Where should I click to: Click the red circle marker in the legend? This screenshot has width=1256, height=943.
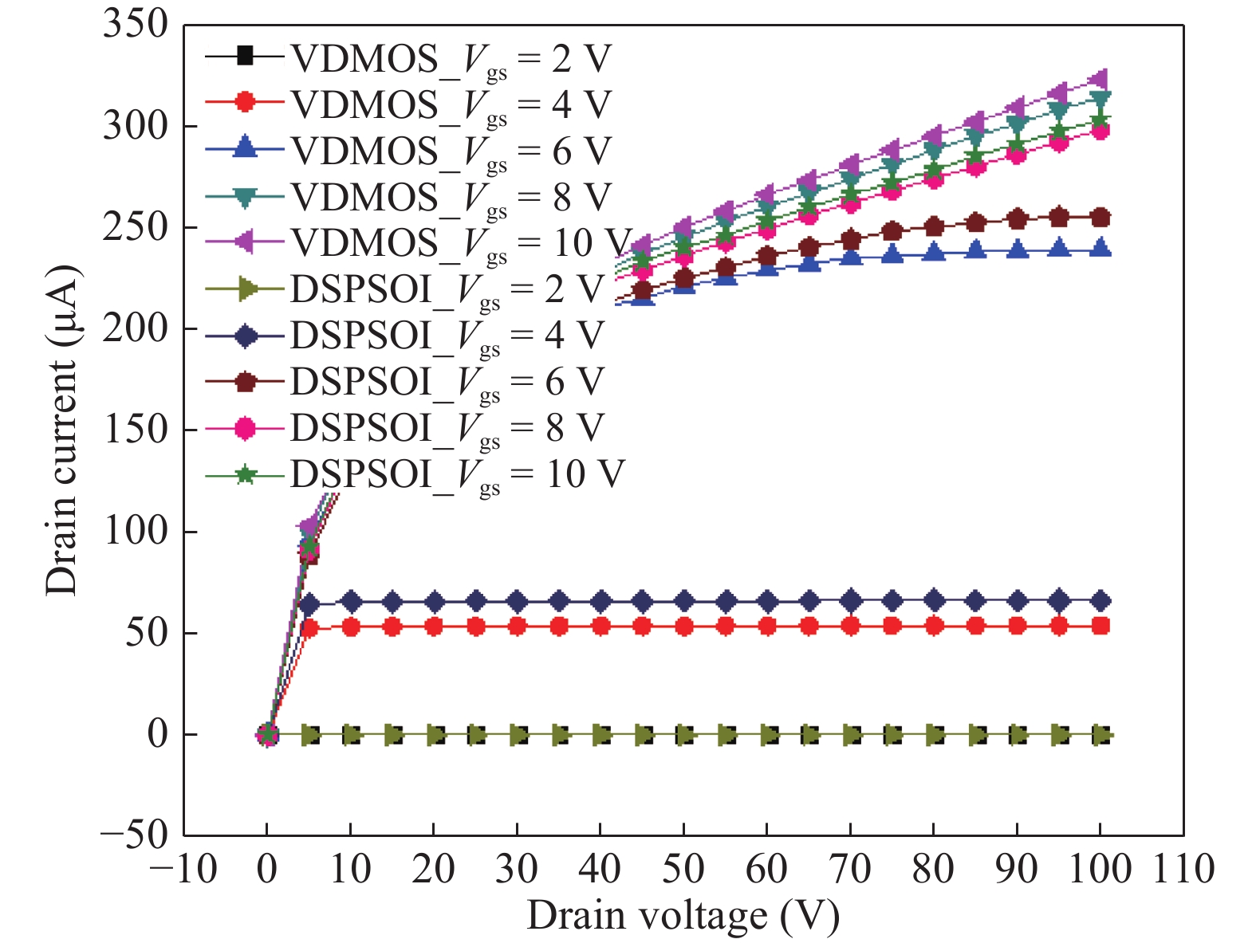pyautogui.click(x=245, y=103)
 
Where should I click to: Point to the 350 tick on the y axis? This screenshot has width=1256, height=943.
pyautogui.click(x=136, y=25)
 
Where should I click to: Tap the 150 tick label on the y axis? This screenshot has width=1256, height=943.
pyautogui.click(x=136, y=430)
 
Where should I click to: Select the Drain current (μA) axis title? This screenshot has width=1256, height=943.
pyautogui.click(x=62, y=430)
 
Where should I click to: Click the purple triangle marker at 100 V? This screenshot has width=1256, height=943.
pyautogui.click(x=1100, y=78)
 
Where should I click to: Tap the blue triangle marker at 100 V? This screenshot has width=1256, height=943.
pyautogui.click(x=1100, y=248)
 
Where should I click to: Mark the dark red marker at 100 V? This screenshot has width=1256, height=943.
pyautogui.click(x=1100, y=218)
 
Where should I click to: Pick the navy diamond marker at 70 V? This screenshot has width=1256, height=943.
pyautogui.click(x=851, y=600)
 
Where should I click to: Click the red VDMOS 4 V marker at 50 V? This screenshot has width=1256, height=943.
pyautogui.click(x=683, y=627)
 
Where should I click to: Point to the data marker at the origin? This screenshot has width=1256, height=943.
pyautogui.click(x=267, y=734)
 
